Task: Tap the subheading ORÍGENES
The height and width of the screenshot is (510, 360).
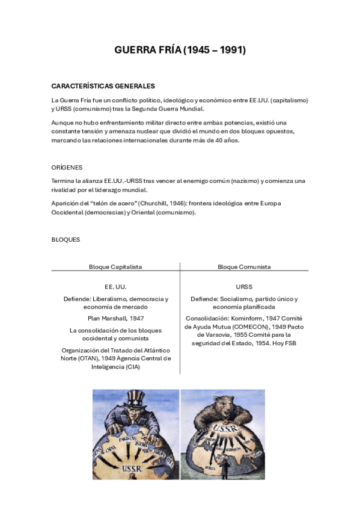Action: click(67, 167)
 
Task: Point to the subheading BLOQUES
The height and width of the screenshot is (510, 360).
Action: click(66, 239)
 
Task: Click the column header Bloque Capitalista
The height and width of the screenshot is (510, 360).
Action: click(115, 266)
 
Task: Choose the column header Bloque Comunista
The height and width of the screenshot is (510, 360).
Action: click(244, 266)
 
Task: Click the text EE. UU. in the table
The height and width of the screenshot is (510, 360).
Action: click(115, 287)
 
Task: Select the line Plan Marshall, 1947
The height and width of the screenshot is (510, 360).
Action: click(115, 318)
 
